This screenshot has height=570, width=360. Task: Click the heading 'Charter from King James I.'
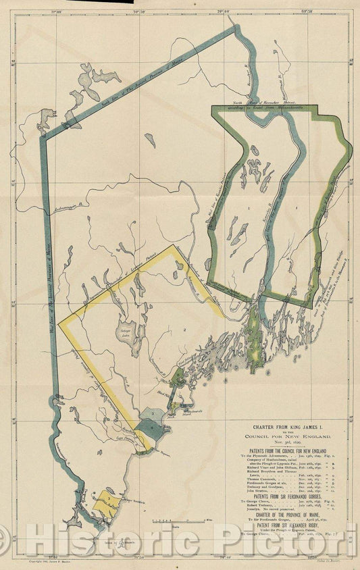(288, 426)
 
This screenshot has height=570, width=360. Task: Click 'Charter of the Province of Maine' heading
(288, 517)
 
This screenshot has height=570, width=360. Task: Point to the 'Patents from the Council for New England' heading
(288, 450)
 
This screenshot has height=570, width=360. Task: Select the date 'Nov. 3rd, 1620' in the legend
(288, 442)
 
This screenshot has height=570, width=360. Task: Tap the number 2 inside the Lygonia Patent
(183, 330)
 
